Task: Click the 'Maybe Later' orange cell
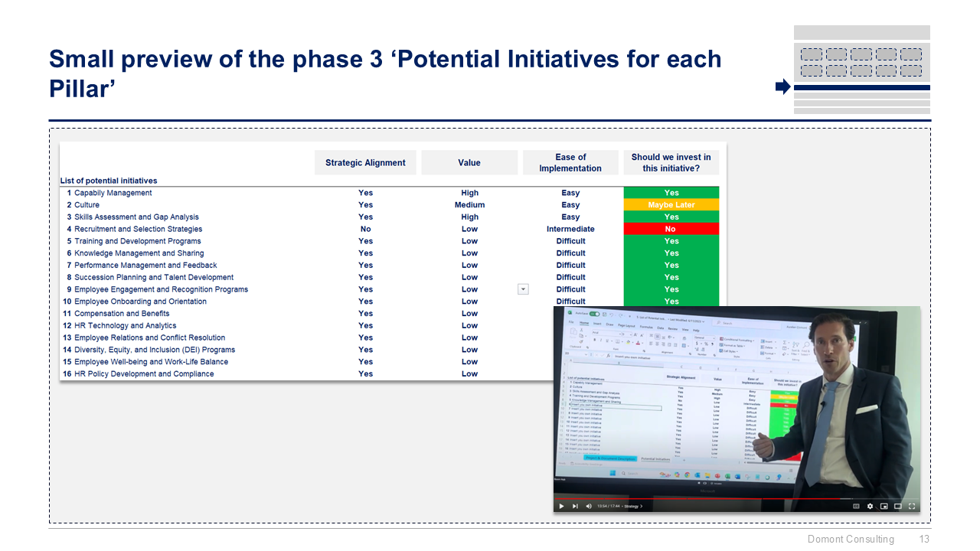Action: click(671, 205)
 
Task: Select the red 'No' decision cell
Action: click(671, 229)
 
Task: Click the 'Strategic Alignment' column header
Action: click(365, 162)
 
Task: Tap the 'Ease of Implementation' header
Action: click(570, 162)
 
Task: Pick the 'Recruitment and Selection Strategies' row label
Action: click(138, 229)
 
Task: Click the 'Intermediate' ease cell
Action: click(570, 229)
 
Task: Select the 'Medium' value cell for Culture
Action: click(469, 205)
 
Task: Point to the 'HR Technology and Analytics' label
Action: click(125, 325)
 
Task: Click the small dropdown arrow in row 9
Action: click(523, 289)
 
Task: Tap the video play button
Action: click(561, 506)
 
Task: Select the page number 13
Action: click(924, 540)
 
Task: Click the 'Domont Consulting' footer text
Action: click(851, 540)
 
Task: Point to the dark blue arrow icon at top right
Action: click(782, 86)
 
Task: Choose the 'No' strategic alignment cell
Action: click(365, 229)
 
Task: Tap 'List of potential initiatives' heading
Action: click(109, 181)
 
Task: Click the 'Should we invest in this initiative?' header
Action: click(671, 162)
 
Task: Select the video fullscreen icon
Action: click(912, 506)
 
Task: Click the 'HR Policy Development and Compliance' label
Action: click(144, 373)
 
